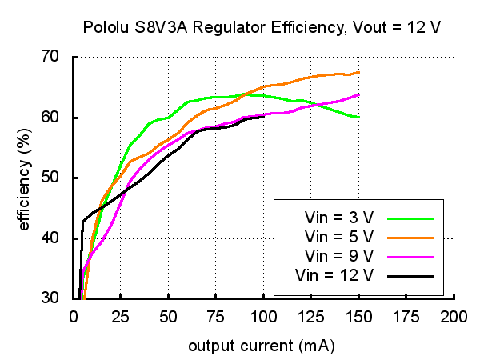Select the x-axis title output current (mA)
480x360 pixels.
(x=261, y=346)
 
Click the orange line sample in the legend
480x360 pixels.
(x=410, y=237)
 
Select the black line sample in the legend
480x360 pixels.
(x=410, y=276)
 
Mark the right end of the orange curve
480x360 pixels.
(x=358, y=73)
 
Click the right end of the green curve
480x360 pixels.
(x=358, y=117)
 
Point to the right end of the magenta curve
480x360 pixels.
(x=358, y=94)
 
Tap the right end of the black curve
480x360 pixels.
(x=263, y=117)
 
